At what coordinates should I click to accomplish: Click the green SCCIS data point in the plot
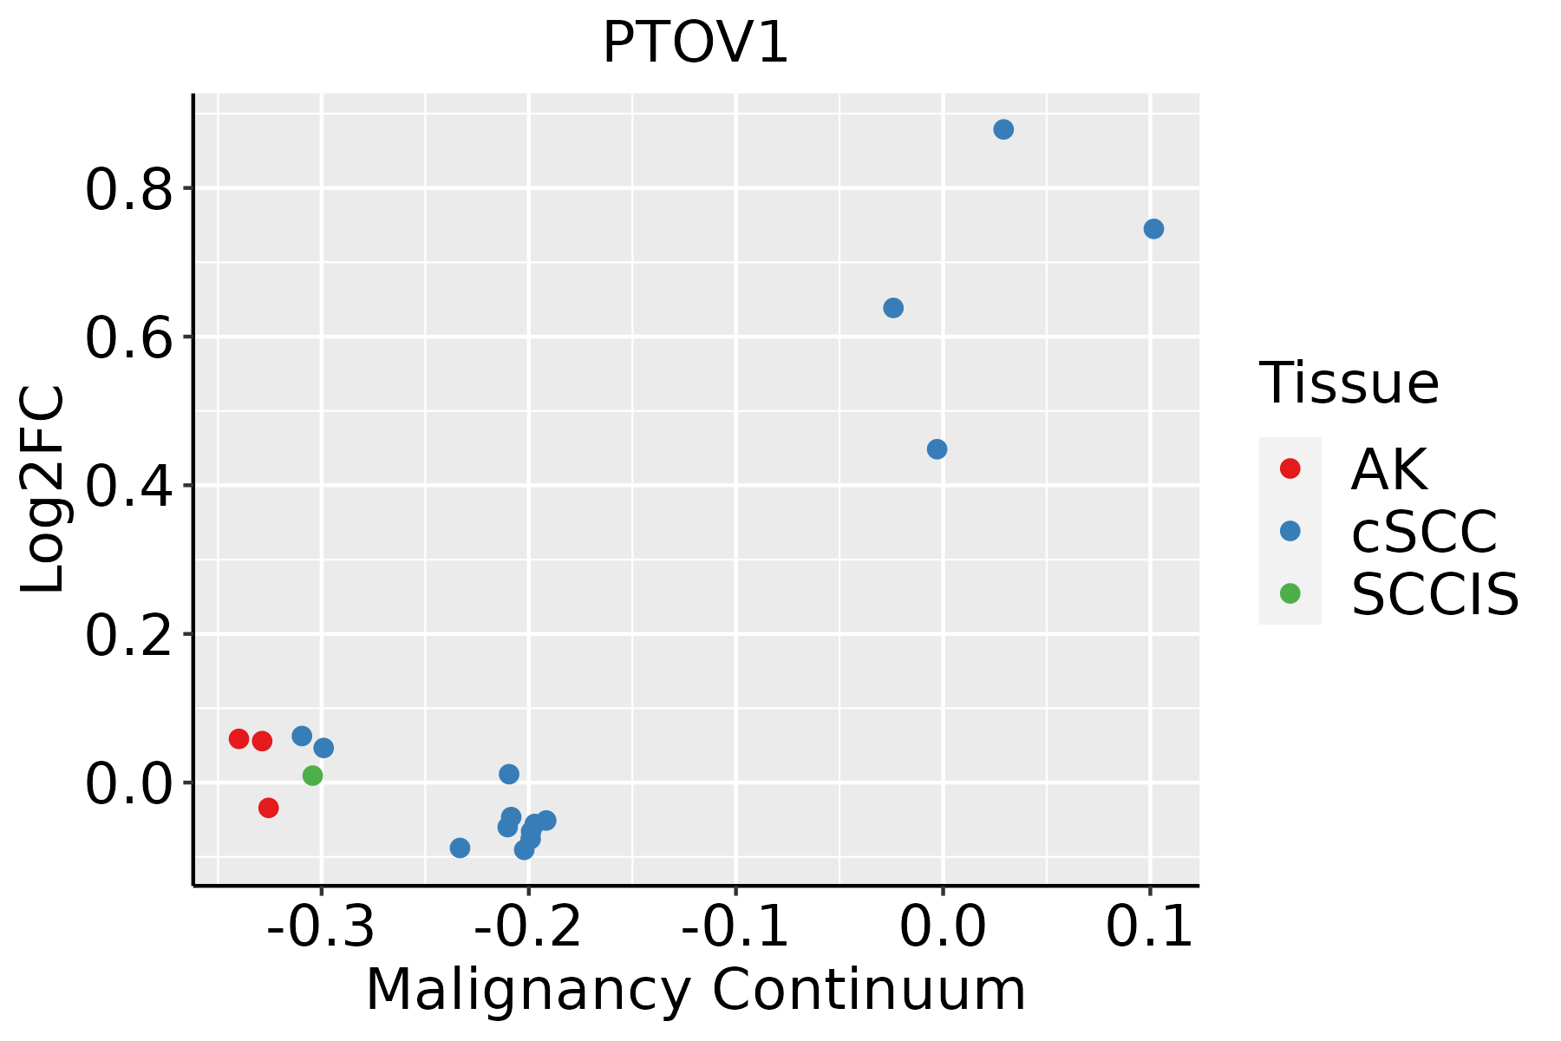(x=313, y=776)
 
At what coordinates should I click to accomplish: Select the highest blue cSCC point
(x=1003, y=129)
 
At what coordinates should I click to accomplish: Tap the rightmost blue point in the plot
(x=1153, y=229)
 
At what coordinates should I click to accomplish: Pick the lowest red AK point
(x=269, y=808)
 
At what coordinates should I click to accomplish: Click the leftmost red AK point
(x=239, y=739)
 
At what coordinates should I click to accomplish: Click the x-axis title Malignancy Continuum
(x=696, y=991)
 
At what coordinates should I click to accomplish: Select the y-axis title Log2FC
(x=43, y=488)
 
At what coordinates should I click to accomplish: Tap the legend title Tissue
(x=1349, y=383)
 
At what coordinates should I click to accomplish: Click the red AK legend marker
(x=1290, y=468)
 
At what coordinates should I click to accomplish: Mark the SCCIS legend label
(x=1435, y=594)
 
